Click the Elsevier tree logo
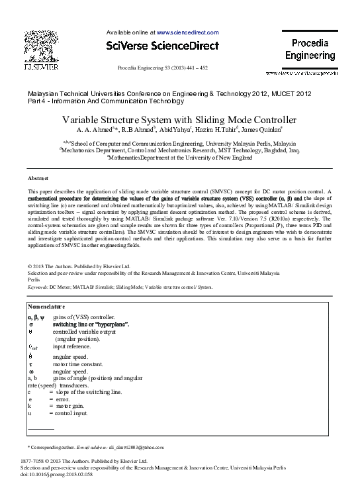[x=41, y=46]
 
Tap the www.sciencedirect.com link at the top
[x=187, y=32]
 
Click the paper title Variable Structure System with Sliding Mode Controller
[x=179, y=120]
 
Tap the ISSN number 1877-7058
[x=34, y=460]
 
